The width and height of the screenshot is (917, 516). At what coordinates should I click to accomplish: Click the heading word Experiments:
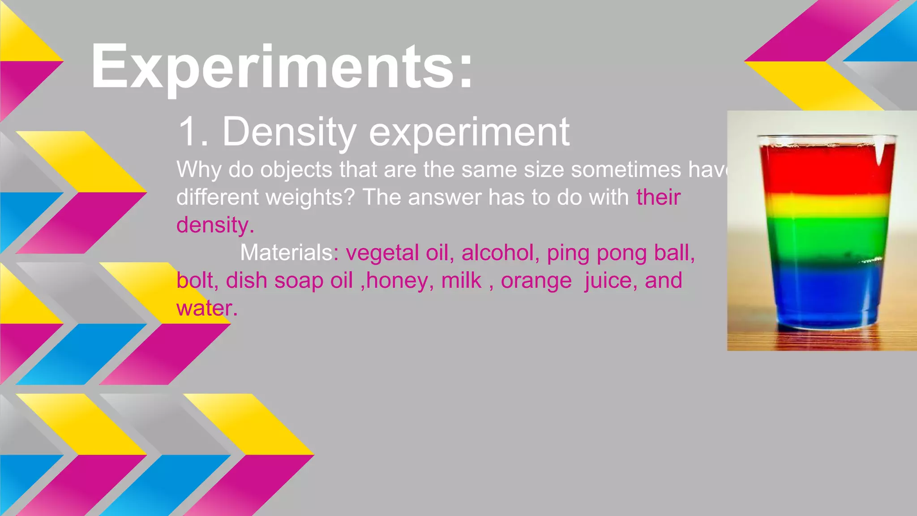point(281,67)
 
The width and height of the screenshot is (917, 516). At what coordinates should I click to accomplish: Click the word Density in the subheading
point(289,132)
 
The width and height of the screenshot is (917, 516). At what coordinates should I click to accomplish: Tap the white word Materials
point(287,253)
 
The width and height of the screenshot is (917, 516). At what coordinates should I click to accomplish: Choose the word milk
point(461,280)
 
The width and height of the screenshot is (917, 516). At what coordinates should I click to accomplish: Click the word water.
point(206,308)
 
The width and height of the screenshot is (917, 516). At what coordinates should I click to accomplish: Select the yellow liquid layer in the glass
point(827,205)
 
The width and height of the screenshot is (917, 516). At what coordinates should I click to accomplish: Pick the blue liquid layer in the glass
point(827,291)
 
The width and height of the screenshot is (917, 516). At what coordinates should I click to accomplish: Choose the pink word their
point(658,197)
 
